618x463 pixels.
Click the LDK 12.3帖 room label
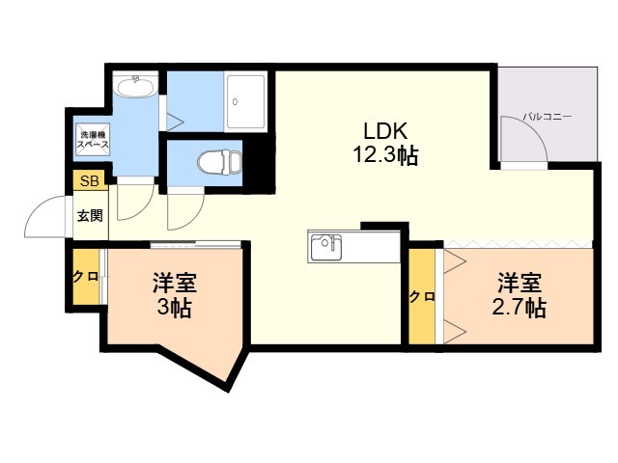(385, 143)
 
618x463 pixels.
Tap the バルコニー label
(548, 117)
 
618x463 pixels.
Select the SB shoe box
(90, 181)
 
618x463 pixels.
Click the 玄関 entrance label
(90, 215)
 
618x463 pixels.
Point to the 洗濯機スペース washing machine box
(93, 140)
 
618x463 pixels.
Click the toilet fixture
(219, 162)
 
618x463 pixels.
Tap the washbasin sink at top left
(136, 86)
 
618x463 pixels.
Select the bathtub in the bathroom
(245, 101)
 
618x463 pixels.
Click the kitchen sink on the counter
(325, 247)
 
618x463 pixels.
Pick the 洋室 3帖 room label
(175, 294)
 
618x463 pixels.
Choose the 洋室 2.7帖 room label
(520, 294)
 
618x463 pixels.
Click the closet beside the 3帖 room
(86, 277)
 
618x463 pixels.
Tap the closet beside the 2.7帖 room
(422, 296)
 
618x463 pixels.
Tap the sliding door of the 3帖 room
(196, 244)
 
